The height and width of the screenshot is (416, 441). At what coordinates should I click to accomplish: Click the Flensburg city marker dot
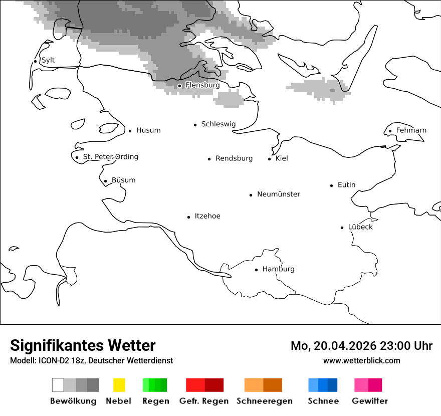[x=179, y=86]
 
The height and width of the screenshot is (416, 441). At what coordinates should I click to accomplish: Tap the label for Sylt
[x=48, y=60]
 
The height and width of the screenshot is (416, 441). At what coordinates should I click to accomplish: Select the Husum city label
[x=148, y=130]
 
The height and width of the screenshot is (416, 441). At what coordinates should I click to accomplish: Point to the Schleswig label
[x=218, y=124]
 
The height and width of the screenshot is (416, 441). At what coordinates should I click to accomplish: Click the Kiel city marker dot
[x=270, y=159]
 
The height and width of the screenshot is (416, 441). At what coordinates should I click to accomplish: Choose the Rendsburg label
[x=234, y=158]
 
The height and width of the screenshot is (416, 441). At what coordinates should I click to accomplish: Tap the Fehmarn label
[x=411, y=130]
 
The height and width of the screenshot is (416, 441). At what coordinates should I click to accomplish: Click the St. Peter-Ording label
[x=110, y=157]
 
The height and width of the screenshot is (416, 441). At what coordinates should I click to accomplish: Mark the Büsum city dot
[x=105, y=181]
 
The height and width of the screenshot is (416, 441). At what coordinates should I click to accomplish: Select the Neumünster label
[x=279, y=194]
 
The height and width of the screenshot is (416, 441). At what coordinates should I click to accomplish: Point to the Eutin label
[x=346, y=185]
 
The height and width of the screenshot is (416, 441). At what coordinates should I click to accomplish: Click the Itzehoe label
[x=207, y=216]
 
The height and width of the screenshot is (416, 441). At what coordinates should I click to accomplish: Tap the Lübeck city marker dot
[x=342, y=228]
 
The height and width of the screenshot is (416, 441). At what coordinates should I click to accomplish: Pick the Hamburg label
[x=278, y=269]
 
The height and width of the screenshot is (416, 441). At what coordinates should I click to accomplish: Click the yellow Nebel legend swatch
[x=119, y=385]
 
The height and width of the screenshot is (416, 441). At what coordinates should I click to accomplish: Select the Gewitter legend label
[x=370, y=401]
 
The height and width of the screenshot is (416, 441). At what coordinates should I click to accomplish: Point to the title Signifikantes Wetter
[x=83, y=345]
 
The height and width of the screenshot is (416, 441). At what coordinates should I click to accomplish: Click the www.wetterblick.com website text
[x=361, y=360]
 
